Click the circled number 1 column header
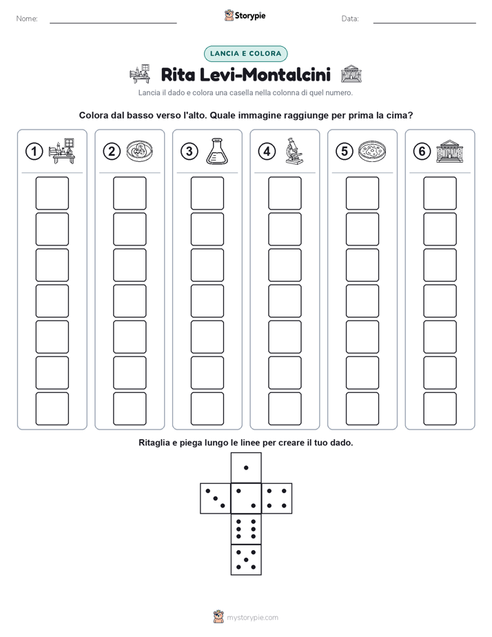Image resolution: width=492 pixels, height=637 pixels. coord(34,152)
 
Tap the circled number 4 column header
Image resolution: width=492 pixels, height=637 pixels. coord(267,152)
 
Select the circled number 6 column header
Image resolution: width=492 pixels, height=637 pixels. coord(422,152)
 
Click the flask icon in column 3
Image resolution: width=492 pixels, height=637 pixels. coord(217,151)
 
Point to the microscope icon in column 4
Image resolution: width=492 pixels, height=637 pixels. coord(294,151)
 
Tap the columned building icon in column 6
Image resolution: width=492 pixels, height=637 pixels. coord(450,151)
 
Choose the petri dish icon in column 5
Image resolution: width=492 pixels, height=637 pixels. coord(372,151)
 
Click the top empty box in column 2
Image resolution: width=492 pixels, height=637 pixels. coord(130,193)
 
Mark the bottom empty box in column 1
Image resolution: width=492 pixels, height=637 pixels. coord(52,409)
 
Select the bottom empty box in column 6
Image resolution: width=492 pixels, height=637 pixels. coord(440,409)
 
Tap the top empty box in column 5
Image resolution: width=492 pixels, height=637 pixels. coord(362,193)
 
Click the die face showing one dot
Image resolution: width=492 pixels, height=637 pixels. coord(246,468)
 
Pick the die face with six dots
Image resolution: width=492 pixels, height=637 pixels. coord(246,529)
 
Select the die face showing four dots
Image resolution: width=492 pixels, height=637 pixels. coord(277,498)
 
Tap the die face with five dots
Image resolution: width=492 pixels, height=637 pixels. coord(246,559)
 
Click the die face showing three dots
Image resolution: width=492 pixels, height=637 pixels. coord(216,498)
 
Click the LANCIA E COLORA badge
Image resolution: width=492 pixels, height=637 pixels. coord(245,54)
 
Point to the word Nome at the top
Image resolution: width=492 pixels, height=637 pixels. coord(27,19)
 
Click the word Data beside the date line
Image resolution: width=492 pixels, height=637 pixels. coord(350,19)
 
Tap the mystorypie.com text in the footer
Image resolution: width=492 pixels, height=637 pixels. coord(252,618)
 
